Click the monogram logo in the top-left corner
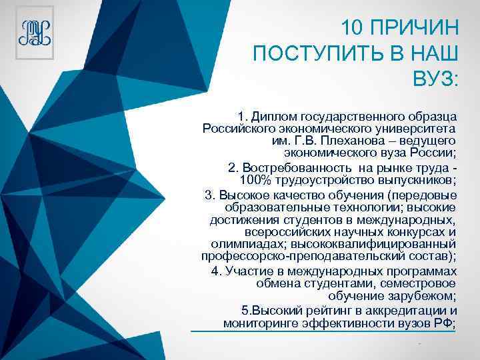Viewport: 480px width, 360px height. click(x=35, y=33)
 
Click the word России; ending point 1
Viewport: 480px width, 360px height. click(x=431, y=153)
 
